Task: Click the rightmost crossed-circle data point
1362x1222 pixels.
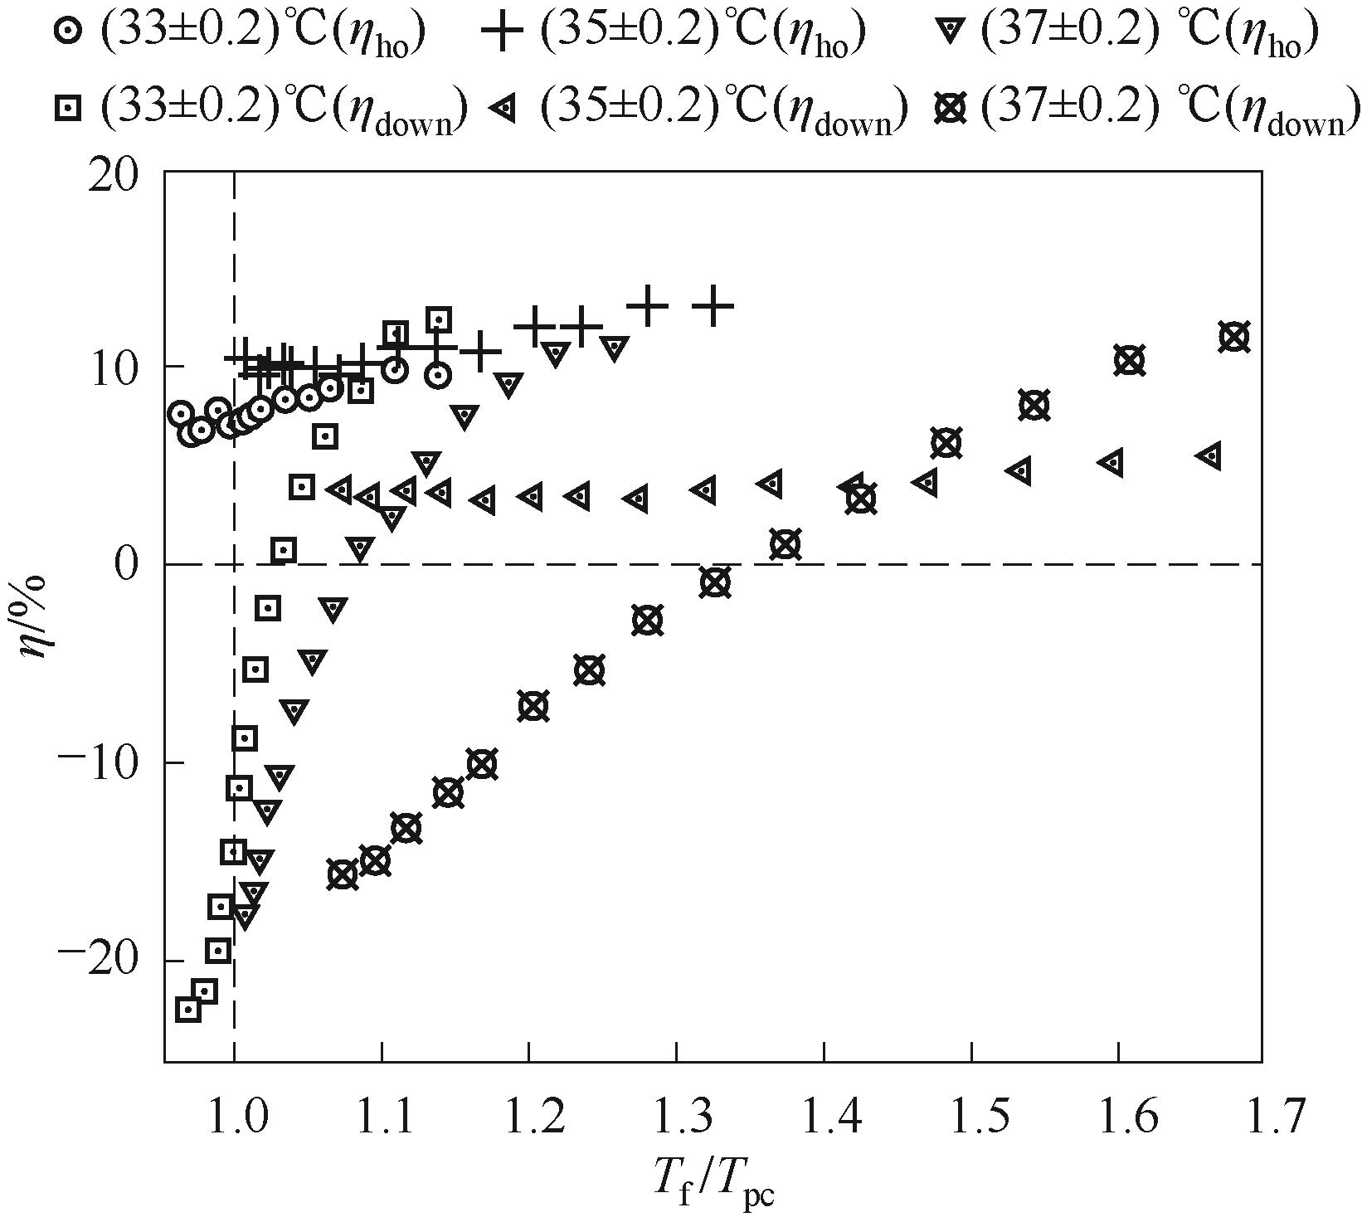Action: pos(1234,337)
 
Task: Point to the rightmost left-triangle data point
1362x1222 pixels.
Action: pos(1211,455)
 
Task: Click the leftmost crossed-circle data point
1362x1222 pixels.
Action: pos(343,874)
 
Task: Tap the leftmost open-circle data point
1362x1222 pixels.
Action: pos(181,413)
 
